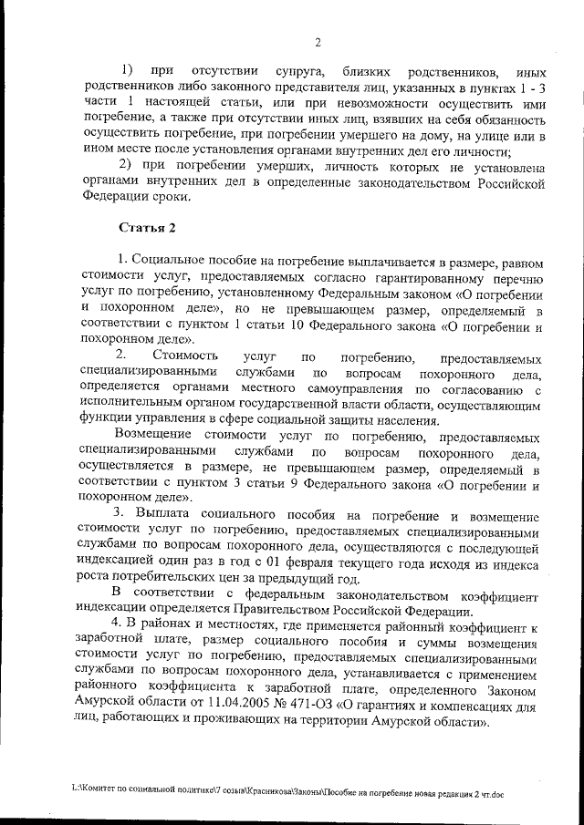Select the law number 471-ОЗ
(326, 705)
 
